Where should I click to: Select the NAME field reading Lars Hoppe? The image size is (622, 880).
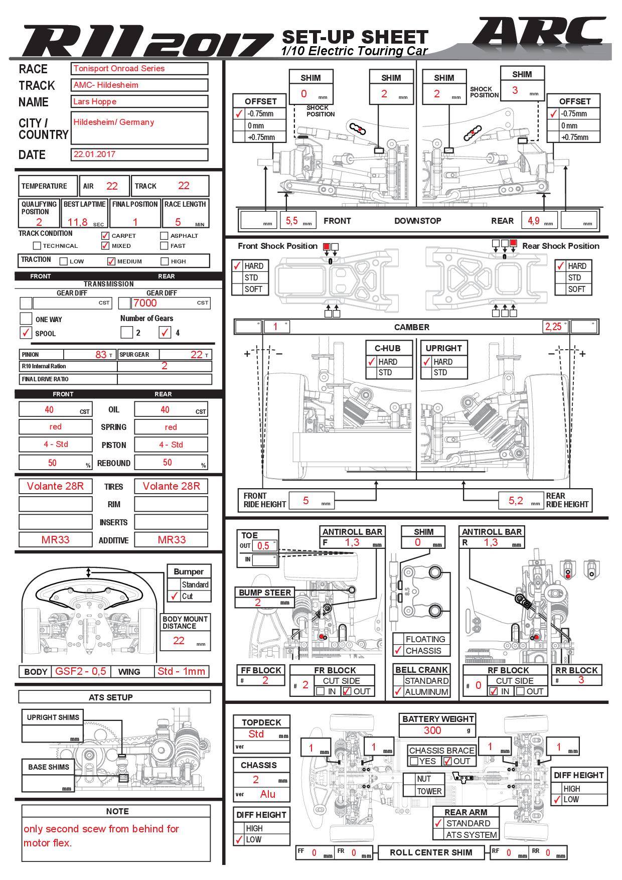pyautogui.click(x=139, y=101)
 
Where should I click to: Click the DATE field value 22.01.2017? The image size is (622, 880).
pyautogui.click(x=139, y=154)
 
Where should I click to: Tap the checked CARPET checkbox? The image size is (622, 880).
pyautogui.click(x=105, y=235)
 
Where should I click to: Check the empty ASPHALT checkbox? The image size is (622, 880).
pyautogui.click(x=164, y=235)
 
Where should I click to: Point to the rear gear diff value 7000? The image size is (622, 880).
pyautogui.click(x=145, y=303)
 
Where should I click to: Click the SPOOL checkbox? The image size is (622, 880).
pyautogui.click(x=26, y=332)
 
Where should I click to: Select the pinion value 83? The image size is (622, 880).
pyautogui.click(x=100, y=354)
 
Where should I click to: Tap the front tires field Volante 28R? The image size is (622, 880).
pyautogui.click(x=56, y=486)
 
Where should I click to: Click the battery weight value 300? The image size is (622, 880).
pyautogui.click(x=432, y=730)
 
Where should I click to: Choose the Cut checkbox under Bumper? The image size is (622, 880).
pyautogui.click(x=174, y=596)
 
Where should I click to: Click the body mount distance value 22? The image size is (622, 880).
pyautogui.click(x=179, y=640)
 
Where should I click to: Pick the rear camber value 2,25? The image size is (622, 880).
pyautogui.click(x=553, y=327)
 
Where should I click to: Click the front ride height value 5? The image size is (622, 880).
pyautogui.click(x=306, y=500)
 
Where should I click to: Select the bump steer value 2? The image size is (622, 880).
pyautogui.click(x=258, y=602)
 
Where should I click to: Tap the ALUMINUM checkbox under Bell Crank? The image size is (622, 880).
pyautogui.click(x=398, y=691)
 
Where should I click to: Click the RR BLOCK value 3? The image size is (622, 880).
pyautogui.click(x=581, y=680)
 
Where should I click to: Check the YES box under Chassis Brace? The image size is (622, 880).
pyautogui.click(x=414, y=761)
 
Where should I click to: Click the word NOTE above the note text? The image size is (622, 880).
pyautogui.click(x=117, y=811)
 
